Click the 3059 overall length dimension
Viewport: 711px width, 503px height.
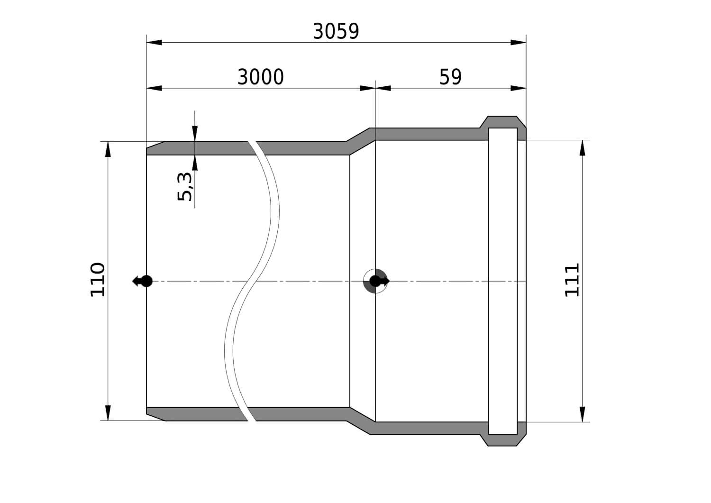pyautogui.click(x=336, y=31)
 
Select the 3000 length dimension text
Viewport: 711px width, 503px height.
pyautogui.click(x=261, y=77)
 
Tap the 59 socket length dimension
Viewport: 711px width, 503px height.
pyautogui.click(x=450, y=77)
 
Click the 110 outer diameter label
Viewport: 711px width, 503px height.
pyautogui.click(x=98, y=280)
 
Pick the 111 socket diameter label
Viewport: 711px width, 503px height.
pyautogui.click(x=572, y=280)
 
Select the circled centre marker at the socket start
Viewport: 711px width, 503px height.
pyautogui.click(x=375, y=281)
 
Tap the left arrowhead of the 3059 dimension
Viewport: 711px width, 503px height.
pyautogui.click(x=154, y=43)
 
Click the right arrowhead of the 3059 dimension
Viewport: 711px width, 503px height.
pyautogui.click(x=519, y=43)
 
